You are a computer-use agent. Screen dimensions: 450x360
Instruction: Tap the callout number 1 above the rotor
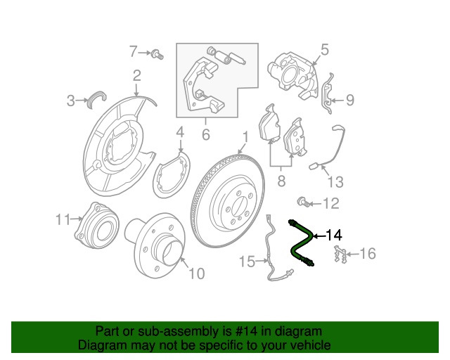point(245,136)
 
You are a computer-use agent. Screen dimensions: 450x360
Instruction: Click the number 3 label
point(71,101)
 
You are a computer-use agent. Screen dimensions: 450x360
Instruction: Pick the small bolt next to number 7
point(158,53)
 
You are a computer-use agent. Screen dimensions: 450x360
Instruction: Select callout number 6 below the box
point(206,134)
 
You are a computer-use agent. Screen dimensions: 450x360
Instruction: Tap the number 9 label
point(349,101)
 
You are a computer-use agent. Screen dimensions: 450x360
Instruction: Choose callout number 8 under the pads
point(281,183)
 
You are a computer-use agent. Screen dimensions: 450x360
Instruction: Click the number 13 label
point(335,183)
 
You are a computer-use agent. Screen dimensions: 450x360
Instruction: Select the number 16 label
point(368,253)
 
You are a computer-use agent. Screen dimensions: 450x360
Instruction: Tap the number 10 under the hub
point(198,272)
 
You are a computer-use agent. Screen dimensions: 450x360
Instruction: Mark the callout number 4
point(179,132)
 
